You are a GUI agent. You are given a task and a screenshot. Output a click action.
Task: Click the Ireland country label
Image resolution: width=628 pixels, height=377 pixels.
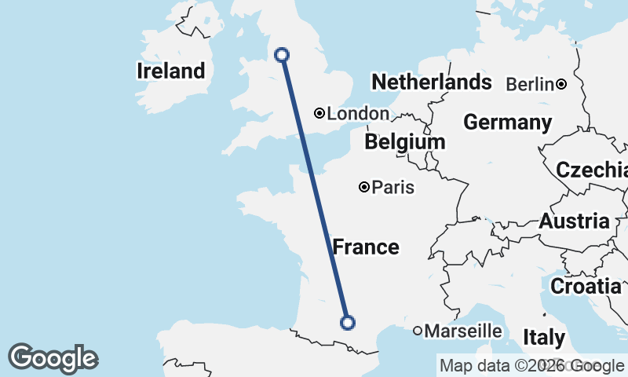[x=170, y=71]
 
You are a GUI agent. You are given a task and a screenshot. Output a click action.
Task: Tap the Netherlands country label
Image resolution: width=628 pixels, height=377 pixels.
[x=431, y=82]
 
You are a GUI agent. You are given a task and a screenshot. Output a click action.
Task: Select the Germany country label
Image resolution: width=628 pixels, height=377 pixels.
[x=507, y=123]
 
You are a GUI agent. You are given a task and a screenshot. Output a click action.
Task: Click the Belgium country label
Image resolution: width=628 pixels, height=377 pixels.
[x=404, y=142]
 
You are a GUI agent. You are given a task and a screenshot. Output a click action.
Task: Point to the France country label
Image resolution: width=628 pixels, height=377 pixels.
[x=366, y=247]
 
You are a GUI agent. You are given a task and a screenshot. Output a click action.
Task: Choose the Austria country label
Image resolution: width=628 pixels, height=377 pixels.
[x=573, y=221]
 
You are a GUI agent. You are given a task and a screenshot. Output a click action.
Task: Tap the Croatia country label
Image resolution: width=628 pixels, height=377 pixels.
[x=585, y=287]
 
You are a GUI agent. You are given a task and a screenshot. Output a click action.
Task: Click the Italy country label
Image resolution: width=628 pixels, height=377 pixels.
[x=544, y=338]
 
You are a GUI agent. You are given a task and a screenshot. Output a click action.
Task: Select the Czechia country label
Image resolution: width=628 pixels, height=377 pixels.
[x=591, y=170]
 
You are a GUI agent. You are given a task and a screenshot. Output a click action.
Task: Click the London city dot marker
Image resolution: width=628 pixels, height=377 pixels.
[x=319, y=113]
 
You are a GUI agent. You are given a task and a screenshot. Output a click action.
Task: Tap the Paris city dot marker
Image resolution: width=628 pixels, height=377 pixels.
[x=364, y=187]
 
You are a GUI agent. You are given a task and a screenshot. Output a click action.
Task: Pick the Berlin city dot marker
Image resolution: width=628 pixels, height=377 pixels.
[x=561, y=84]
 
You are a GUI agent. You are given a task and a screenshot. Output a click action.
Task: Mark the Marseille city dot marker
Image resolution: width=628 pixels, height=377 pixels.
[x=418, y=331]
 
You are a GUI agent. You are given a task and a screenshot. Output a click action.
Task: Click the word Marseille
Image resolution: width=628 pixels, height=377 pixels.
[x=462, y=331]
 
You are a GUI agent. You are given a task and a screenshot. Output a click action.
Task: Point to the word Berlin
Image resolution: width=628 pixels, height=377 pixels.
[x=530, y=84]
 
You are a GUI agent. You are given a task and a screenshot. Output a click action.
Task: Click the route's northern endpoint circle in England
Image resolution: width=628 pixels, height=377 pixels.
[x=282, y=54]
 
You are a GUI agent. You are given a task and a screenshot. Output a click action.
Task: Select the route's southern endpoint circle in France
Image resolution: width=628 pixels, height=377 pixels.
[x=347, y=322]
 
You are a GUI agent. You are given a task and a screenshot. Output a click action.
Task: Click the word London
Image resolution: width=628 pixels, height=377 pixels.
[x=357, y=114]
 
